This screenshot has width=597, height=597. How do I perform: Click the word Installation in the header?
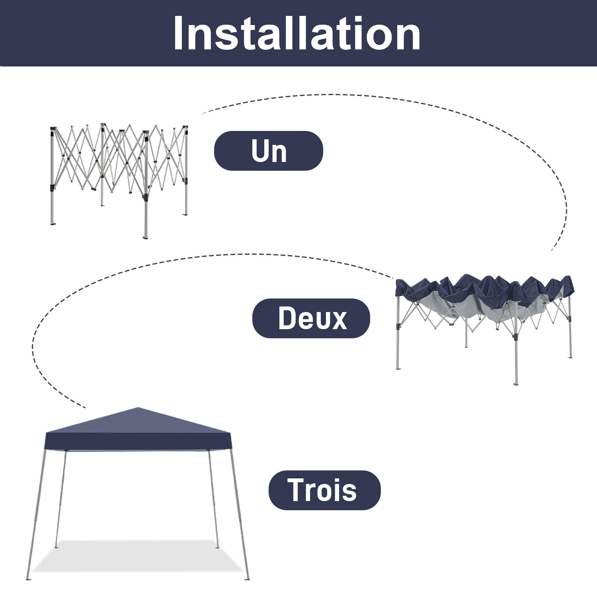[x=297, y=34]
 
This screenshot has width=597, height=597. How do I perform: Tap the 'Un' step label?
[x=269, y=151]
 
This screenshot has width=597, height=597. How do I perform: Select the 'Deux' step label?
[x=311, y=318]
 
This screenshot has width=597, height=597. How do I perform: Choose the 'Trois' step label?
[x=324, y=490]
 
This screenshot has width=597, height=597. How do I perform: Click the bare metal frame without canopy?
[x=119, y=171]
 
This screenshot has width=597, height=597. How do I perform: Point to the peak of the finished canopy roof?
[x=138, y=408]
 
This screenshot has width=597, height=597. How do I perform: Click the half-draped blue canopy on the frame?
[x=484, y=295]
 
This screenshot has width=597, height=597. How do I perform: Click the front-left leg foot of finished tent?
[x=28, y=578]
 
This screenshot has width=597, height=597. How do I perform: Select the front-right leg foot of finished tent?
[x=248, y=578]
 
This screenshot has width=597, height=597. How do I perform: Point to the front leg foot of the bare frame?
[x=145, y=237]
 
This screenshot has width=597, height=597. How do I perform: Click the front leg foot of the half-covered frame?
[x=516, y=384]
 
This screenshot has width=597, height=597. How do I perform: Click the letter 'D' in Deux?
[x=286, y=318]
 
